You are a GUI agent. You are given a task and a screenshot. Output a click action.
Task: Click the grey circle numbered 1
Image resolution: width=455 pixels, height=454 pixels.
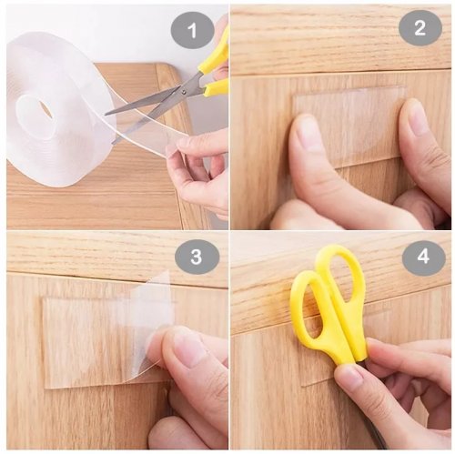tap(193, 31)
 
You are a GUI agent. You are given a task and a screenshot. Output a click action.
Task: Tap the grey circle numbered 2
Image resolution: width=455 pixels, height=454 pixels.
tap(420, 28)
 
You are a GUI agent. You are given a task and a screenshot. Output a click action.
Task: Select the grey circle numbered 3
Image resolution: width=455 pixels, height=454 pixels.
tap(197, 256)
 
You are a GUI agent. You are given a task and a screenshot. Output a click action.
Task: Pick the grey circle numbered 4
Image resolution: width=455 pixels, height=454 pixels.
tap(424, 256)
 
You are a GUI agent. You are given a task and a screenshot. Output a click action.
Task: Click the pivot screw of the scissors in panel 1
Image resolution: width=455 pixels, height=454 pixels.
tap(184, 90)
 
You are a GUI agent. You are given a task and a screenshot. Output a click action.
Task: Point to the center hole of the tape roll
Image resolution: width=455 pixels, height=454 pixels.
tap(44, 108)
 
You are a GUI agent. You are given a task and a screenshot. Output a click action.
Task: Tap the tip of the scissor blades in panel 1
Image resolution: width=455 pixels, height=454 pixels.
tap(106, 114)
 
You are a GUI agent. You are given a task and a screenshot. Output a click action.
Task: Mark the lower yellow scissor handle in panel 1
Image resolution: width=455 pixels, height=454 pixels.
tap(216, 88)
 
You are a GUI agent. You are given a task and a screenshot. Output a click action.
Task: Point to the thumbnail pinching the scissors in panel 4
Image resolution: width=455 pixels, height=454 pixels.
tap(349, 379)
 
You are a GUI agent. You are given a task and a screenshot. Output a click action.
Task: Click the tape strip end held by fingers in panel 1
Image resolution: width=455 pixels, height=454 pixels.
tap(173, 148)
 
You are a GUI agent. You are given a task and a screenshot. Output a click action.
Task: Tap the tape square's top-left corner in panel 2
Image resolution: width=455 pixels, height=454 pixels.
tap(292, 96)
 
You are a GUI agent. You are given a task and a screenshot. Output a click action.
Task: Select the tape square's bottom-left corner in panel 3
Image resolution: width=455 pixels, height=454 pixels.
tap(45, 388)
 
